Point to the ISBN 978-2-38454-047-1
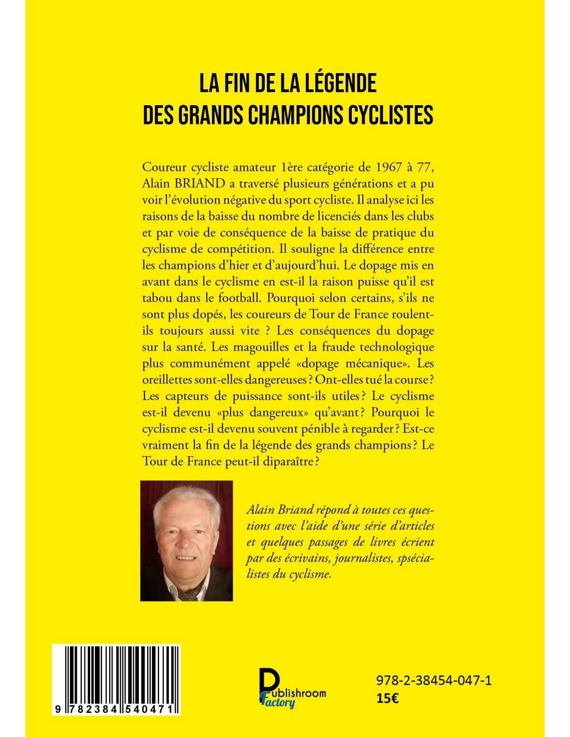(x=434, y=681)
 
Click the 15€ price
(x=387, y=698)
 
